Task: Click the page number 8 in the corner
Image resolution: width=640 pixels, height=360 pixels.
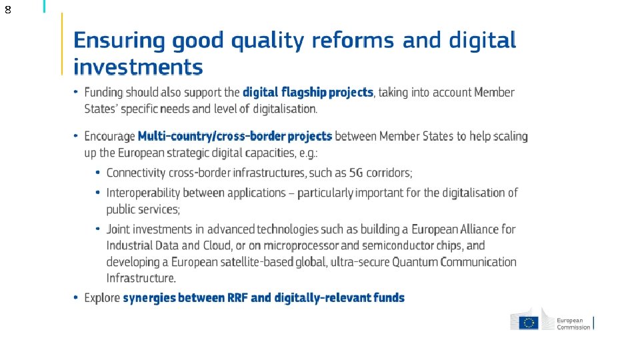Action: (x=7, y=10)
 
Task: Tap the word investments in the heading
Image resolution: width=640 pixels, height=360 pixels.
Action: (x=138, y=67)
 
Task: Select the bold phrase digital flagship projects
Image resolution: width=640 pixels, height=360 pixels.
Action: (x=308, y=93)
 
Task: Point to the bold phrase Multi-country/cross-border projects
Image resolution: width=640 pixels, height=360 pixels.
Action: (x=235, y=136)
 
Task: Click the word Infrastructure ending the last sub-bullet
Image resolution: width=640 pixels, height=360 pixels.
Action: (x=141, y=278)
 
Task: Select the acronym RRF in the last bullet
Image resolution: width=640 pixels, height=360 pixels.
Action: (x=261, y=297)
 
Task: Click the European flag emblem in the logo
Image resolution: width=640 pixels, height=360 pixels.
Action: (x=529, y=322)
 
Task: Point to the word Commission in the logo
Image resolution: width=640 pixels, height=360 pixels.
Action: (x=574, y=327)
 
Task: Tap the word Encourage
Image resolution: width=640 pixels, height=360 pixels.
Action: (x=109, y=136)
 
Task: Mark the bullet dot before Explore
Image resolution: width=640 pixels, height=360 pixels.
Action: (x=77, y=297)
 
